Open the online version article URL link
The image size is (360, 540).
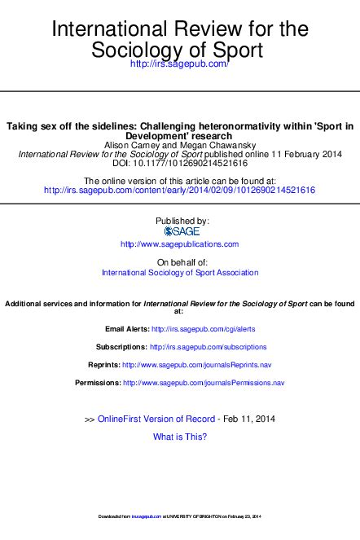(x=179, y=190)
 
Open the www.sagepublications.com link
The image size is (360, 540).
(x=179, y=244)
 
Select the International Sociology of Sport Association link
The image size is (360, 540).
(x=180, y=273)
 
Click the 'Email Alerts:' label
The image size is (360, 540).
(x=127, y=328)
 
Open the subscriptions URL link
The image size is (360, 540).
(x=203, y=347)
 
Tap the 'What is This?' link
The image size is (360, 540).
(x=180, y=437)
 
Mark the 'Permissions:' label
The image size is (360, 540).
(x=99, y=383)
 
